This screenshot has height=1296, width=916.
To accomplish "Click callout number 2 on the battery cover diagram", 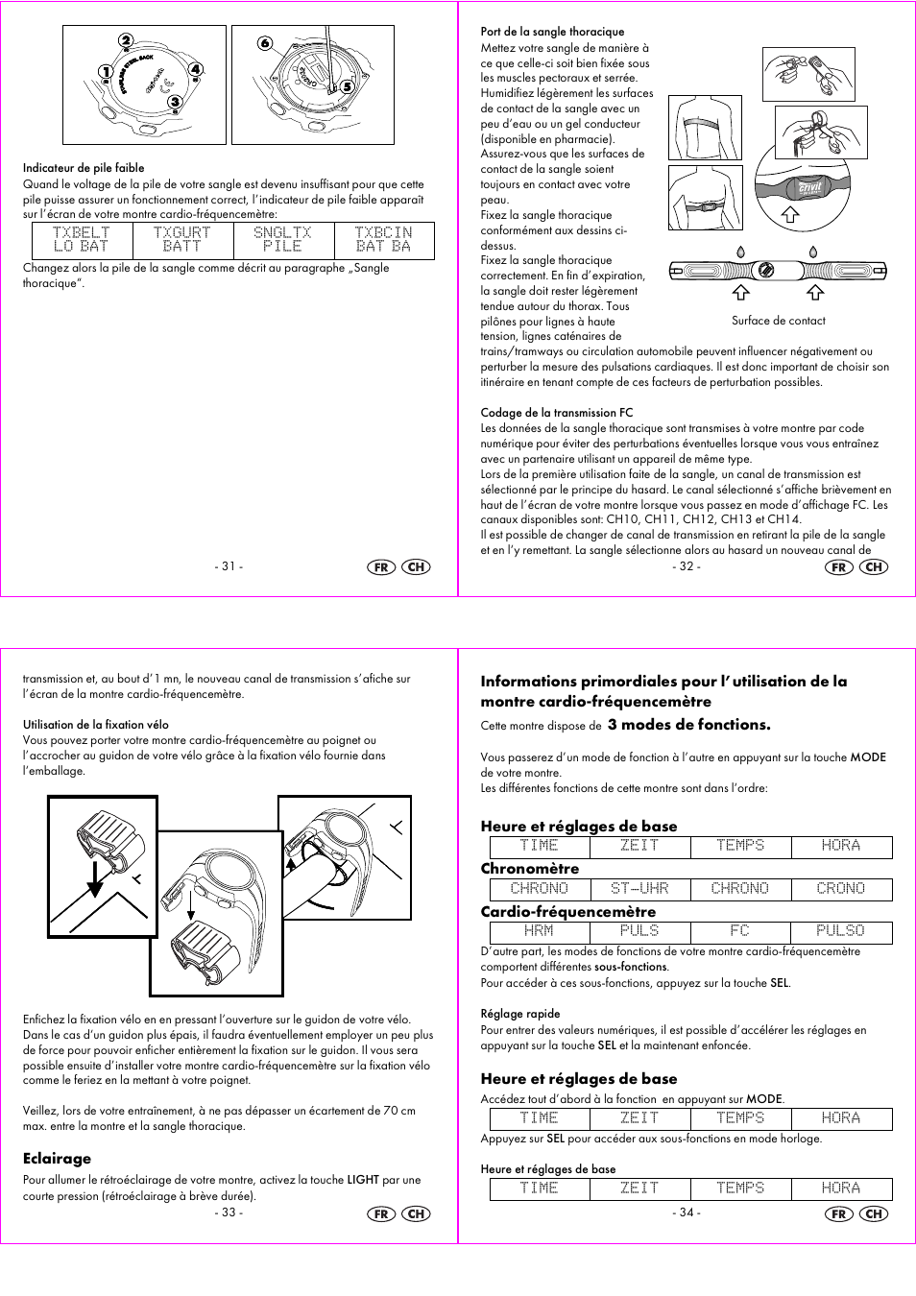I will pyautogui.click(x=126, y=40).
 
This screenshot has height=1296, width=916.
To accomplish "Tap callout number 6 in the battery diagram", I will pyautogui.click(x=265, y=43).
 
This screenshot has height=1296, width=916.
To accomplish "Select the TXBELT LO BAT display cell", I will pyautogui.click(x=82, y=240).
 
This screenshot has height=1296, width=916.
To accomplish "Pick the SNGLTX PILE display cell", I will pyautogui.click(x=282, y=240).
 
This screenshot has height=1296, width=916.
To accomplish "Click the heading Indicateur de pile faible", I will pyautogui.click(x=84, y=168).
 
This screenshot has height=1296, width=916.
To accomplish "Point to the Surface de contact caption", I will pyautogui.click(x=778, y=321).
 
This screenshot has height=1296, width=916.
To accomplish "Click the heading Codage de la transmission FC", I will pyautogui.click(x=556, y=413).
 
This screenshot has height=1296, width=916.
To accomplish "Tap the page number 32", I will pyautogui.click(x=686, y=566).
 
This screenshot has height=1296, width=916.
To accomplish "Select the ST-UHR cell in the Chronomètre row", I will pyautogui.click(x=639, y=889).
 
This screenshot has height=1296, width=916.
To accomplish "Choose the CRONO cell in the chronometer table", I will pyautogui.click(x=840, y=889).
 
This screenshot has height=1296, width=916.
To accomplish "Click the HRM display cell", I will pyautogui.click(x=539, y=931).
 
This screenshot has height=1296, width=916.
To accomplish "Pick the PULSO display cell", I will pyautogui.click(x=840, y=931).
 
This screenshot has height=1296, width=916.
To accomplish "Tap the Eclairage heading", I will pyautogui.click(x=57, y=1159).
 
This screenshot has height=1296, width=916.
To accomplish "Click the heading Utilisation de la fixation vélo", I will pyautogui.click(x=96, y=725).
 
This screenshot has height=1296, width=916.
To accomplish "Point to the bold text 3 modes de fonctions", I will pyautogui.click(x=688, y=725).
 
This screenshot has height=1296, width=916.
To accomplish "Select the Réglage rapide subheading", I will pyautogui.click(x=519, y=1014).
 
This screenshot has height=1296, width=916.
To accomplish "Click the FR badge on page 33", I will pyautogui.click(x=381, y=1213).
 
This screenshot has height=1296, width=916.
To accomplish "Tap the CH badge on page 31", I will pyautogui.click(x=416, y=567).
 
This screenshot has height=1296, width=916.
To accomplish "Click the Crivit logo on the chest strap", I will pyautogui.click(x=810, y=187).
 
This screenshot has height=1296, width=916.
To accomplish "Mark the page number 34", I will pyautogui.click(x=686, y=1212).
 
